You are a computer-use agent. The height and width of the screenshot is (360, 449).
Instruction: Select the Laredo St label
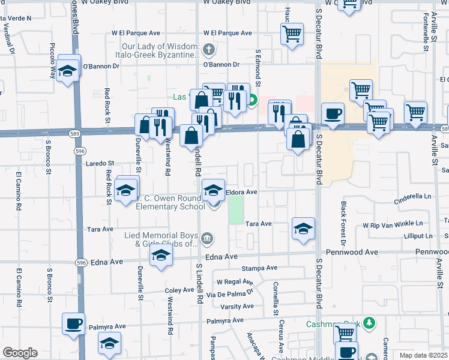100,163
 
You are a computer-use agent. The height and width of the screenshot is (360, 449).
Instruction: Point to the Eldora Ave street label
241,192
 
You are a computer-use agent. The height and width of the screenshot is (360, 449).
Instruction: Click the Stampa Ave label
259,268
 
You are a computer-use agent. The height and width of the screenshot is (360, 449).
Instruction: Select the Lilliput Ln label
418,236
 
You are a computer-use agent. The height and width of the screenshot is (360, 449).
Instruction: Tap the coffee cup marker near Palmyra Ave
74,323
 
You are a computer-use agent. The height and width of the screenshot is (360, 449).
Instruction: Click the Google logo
20,353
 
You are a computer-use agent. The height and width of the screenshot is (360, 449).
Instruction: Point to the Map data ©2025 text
423,355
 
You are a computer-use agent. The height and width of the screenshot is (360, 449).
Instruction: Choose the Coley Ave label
179,290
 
